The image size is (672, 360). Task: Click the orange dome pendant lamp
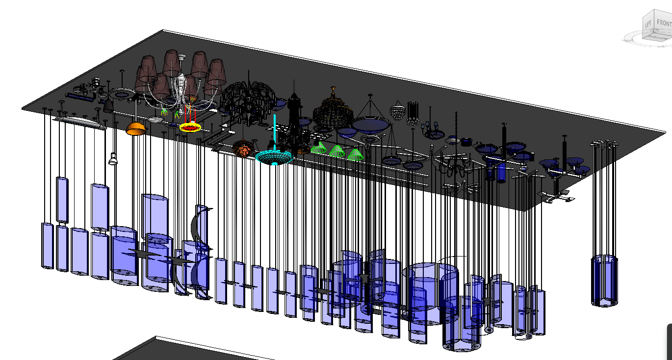click(x=136, y=129)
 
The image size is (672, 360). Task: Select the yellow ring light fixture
click(x=190, y=128)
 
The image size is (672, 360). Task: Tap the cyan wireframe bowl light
click(x=274, y=156)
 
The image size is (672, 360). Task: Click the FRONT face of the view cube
click(x=664, y=23)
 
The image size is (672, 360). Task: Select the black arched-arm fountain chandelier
click(x=248, y=98)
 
